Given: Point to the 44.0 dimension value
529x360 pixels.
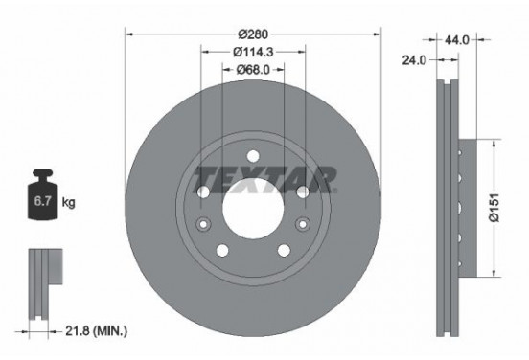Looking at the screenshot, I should [x=455, y=40].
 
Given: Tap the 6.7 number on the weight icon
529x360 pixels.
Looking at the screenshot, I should [x=41, y=203].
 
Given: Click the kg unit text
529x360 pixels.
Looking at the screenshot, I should [x=69, y=203].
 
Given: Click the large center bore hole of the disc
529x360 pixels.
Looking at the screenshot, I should [x=252, y=204].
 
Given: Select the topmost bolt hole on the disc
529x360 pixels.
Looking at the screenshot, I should [x=252, y=157].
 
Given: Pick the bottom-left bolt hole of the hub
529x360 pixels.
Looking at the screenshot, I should [x=223, y=251].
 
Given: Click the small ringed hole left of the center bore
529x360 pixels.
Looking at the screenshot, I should [x=202, y=224].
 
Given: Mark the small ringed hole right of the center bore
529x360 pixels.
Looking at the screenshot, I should [x=302, y=224].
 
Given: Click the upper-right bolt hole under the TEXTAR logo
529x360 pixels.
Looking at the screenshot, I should [x=302, y=192].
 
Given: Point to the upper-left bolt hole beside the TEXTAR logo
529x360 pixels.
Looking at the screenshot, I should [x=202, y=192].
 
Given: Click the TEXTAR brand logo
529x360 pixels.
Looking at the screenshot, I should [x=265, y=178].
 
